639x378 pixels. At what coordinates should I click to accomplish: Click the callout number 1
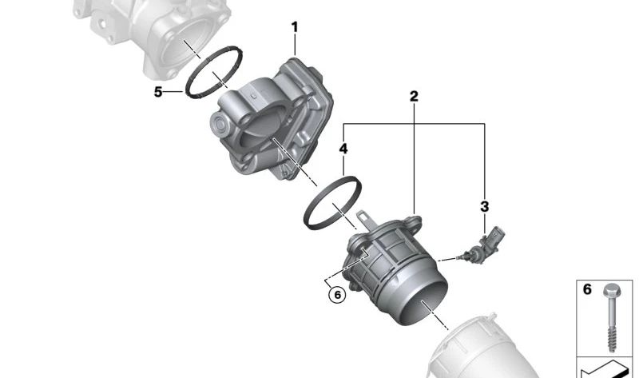pyautogui.click(x=295, y=27)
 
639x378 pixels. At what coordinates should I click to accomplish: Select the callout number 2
pyautogui.click(x=414, y=97)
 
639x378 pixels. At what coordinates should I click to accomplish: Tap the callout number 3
pyautogui.click(x=484, y=206)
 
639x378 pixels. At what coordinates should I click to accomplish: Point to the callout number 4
pyautogui.click(x=343, y=149)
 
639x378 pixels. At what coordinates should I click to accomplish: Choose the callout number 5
pyautogui.click(x=158, y=92)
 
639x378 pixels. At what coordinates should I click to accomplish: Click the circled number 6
pyautogui.click(x=337, y=294)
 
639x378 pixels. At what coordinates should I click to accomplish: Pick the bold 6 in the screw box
pyautogui.click(x=587, y=289)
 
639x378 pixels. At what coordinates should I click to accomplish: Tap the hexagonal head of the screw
pyautogui.click(x=611, y=290)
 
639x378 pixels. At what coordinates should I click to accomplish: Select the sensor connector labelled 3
pyautogui.click(x=483, y=246)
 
